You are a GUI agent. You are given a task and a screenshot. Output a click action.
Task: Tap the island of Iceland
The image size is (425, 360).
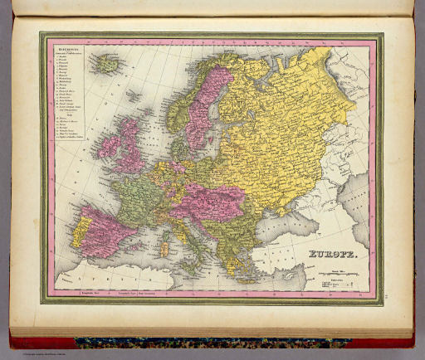(x=107, y=63)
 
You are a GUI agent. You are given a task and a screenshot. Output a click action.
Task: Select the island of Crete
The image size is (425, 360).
(x=241, y=277)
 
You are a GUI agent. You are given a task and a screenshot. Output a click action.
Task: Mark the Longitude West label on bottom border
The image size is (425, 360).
(x=90, y=292)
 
